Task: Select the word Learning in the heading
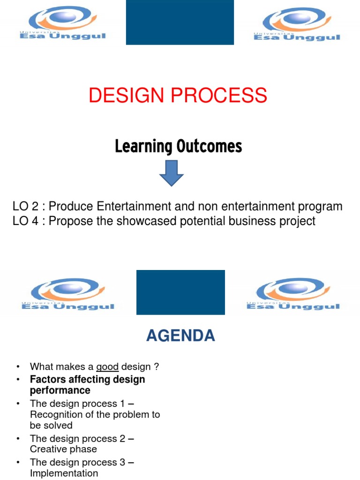pos(143,147)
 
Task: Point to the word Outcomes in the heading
pos(210,146)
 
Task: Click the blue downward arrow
pos(172,173)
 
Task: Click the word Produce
pos(70,206)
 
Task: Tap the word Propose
pos(71,221)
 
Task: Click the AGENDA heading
pos(180,336)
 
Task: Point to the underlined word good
pos(107,367)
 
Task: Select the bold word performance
pos(60,390)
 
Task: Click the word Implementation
pos(64,473)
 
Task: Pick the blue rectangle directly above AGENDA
pos(180,292)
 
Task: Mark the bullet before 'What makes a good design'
pos(18,367)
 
